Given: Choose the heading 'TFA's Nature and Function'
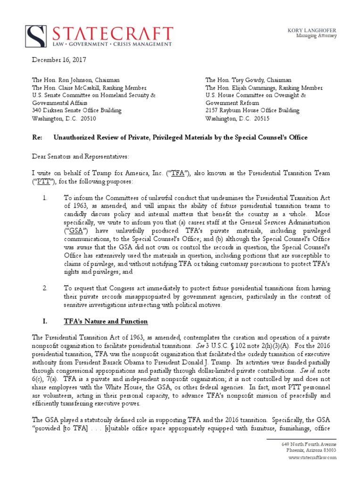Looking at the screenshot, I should tap(106, 322).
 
